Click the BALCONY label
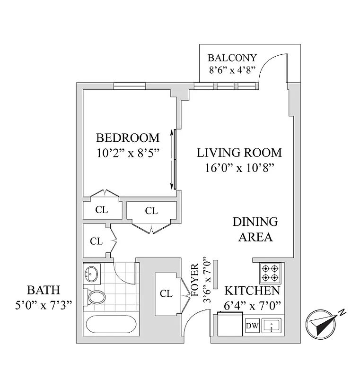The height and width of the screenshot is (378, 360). coord(232,58)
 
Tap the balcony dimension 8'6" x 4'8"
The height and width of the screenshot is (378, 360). coord(232,69)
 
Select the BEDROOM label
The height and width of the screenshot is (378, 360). coord(128,138)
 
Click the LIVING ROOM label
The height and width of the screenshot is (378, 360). coord(239,153)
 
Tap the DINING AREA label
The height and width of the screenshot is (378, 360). coord(255,229)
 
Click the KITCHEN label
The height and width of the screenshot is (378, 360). coord(252,291)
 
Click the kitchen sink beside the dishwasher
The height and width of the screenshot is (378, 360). coord(272,326)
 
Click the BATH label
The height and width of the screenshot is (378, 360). coord(43,290)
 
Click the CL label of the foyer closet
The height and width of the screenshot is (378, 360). coord(166,293)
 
